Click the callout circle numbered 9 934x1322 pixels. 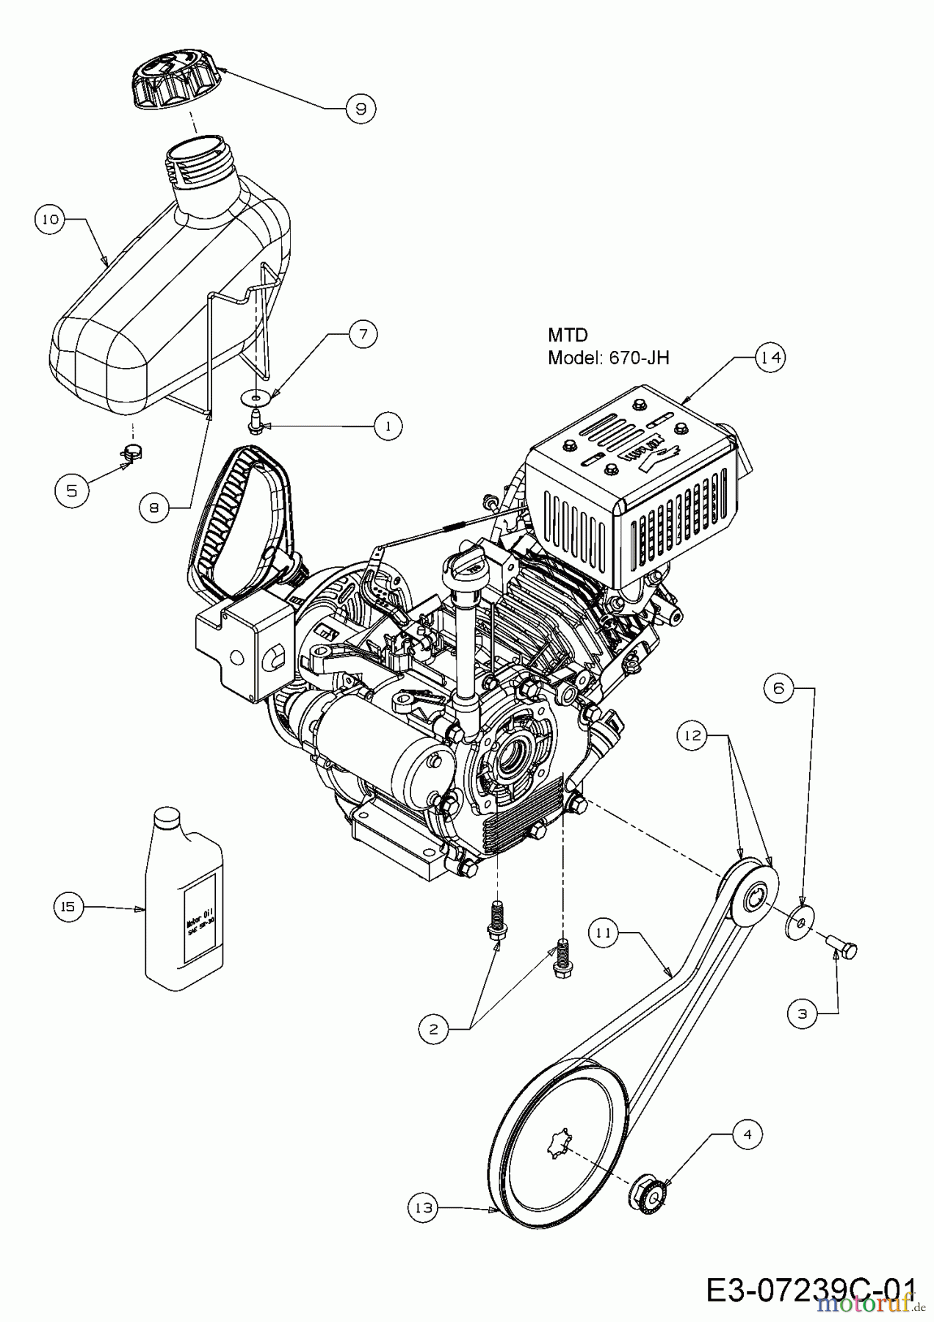360,109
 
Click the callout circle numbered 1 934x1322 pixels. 387,425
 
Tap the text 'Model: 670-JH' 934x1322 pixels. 609,358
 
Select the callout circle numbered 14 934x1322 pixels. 770,357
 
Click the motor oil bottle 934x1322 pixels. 184,896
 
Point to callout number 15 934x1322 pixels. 68,907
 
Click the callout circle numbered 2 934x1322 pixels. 433,1029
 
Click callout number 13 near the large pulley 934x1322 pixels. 424,1207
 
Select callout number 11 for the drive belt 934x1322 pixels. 604,933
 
